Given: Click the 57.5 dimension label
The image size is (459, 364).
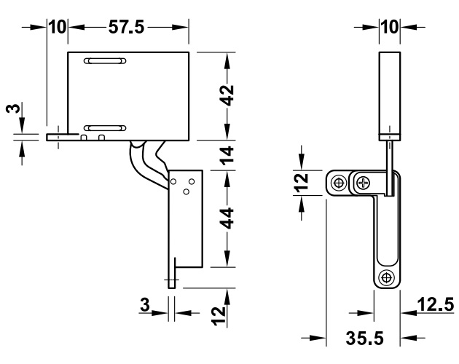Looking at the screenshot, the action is pyautogui.click(x=127, y=27).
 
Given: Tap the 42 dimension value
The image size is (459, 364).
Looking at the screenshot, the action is pyautogui.click(x=227, y=95).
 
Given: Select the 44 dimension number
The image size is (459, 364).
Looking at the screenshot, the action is pyautogui.click(x=227, y=218).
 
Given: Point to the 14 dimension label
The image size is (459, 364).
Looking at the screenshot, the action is pyautogui.click(x=227, y=155).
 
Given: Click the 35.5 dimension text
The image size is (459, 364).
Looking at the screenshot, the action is pyautogui.click(x=364, y=339).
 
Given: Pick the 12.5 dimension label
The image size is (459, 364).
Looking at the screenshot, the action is pyautogui.click(x=436, y=304).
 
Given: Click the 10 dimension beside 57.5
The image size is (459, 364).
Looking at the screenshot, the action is pyautogui.click(x=58, y=27).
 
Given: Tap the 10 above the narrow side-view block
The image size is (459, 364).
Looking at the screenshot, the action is pyautogui.click(x=390, y=27).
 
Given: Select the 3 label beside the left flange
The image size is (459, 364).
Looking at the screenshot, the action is pyautogui.click(x=13, y=108).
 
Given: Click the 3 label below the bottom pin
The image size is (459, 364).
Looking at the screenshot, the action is pyautogui.click(x=145, y=304).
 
